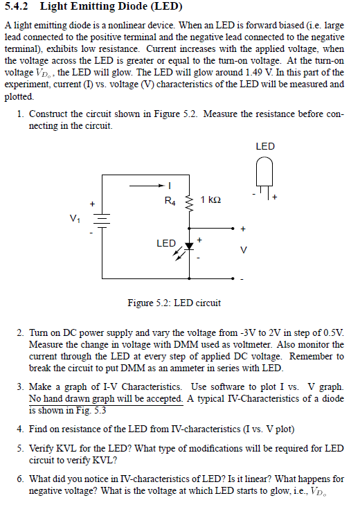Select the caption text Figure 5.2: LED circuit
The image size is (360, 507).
pos(174,303)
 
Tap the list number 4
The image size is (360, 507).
pos(20,429)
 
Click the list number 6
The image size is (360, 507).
pos(20,478)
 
